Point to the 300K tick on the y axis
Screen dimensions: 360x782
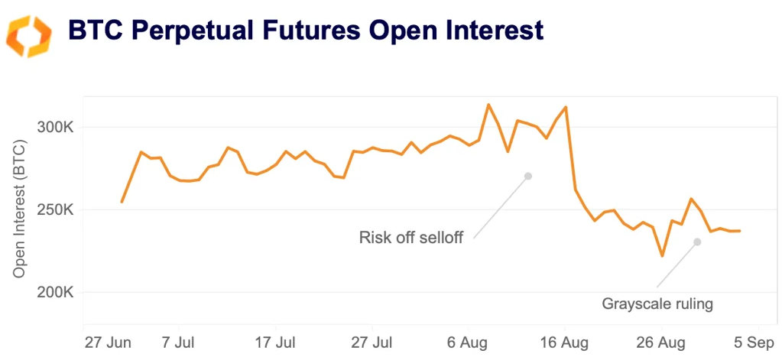(55, 127)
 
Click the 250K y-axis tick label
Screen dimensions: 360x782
(55, 209)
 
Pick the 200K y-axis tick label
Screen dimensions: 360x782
(55, 292)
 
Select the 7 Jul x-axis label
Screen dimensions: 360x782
(179, 340)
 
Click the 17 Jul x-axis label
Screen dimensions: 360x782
(275, 340)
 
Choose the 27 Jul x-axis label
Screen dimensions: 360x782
(372, 340)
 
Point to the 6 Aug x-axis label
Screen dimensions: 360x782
(469, 340)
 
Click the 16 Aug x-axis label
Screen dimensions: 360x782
(565, 340)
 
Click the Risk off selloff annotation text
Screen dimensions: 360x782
(410, 238)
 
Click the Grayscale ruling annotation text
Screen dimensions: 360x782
(657, 304)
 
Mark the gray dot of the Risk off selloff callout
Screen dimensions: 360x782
(527, 176)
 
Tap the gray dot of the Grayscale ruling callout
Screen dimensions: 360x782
(697, 242)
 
